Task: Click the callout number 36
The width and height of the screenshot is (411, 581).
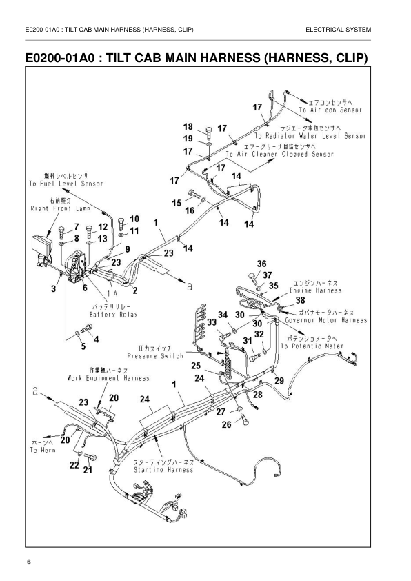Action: (261, 264)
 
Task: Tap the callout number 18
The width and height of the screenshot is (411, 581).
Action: (188, 126)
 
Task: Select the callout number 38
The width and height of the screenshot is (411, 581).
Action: (299, 300)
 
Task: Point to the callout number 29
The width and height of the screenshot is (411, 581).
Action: (279, 380)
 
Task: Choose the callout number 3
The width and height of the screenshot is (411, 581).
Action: (54, 289)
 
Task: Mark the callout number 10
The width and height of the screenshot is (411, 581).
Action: (134, 219)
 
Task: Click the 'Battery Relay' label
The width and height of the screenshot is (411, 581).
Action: (115, 314)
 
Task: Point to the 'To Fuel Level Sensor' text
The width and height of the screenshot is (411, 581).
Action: (66, 184)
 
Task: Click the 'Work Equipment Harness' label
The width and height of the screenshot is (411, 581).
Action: (108, 378)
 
